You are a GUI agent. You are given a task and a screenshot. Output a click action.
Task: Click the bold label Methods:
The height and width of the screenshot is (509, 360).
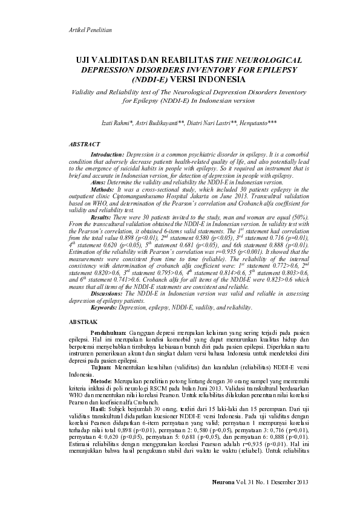[103, 189]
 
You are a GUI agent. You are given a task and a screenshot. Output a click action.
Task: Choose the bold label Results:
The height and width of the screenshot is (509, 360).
[102, 216]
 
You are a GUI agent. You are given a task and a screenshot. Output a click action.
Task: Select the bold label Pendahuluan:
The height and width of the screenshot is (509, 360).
[108, 332]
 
